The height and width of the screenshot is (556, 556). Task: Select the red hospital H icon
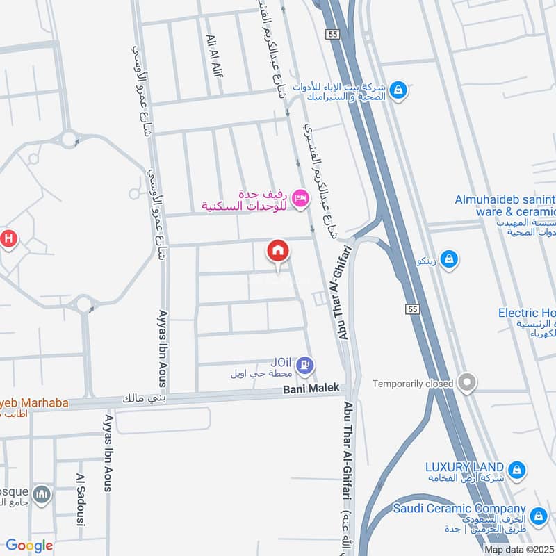8,239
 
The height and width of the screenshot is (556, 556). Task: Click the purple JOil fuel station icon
308,364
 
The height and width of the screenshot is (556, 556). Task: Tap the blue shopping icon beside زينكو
449,259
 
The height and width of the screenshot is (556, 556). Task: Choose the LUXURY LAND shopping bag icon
516,471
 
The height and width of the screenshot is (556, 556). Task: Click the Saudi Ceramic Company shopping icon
537,516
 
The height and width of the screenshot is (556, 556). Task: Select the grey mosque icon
42,493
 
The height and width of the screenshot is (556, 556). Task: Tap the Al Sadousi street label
79,500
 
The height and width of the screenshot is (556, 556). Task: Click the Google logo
28,546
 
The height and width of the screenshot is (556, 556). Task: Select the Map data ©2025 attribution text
520,549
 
